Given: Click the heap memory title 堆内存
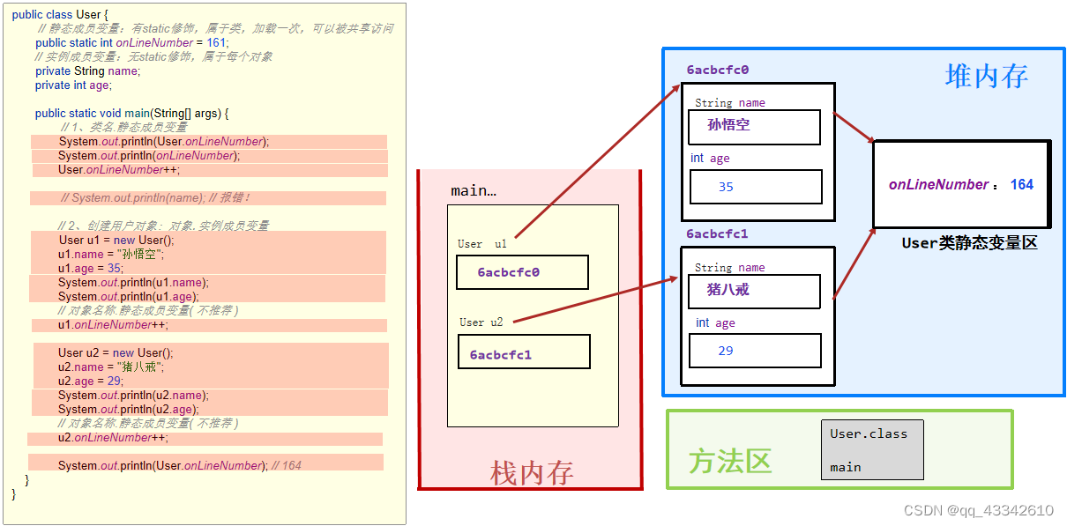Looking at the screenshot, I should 986,77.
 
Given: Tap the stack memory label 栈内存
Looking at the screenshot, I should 532,473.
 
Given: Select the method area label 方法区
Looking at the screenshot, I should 730,460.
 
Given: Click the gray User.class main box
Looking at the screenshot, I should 871,449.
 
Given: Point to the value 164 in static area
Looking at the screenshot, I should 1021,185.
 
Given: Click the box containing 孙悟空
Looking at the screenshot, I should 754,126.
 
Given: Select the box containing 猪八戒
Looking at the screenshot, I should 754,291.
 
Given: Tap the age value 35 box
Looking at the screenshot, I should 756,187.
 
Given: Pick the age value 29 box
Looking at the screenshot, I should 756,351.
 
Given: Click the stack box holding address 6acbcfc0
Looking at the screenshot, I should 522,272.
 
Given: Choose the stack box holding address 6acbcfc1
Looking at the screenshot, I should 524,354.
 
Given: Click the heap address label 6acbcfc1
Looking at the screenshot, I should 717,234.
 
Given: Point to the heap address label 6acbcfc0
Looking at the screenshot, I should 717,70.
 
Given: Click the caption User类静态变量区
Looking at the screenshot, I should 969,243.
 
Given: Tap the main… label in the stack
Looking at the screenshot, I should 474,190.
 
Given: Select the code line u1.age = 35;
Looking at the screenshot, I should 91,268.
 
